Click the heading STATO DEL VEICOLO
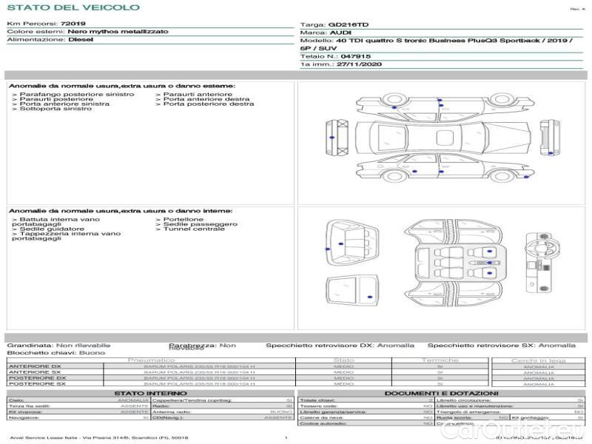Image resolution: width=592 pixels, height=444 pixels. [73, 7]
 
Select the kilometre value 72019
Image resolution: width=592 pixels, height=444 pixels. [73, 24]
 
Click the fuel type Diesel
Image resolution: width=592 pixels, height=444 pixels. [81, 39]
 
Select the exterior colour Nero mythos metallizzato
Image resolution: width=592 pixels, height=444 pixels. [117, 32]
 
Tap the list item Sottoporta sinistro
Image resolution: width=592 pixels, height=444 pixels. [52, 110]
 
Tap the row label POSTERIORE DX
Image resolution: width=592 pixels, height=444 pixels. [37, 377]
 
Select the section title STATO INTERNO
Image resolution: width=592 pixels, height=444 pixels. [146, 393]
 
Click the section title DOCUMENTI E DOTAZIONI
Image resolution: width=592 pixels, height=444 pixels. [442, 393]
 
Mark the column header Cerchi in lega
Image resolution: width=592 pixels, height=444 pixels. [538, 360]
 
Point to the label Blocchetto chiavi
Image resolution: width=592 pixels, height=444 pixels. [33, 353]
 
